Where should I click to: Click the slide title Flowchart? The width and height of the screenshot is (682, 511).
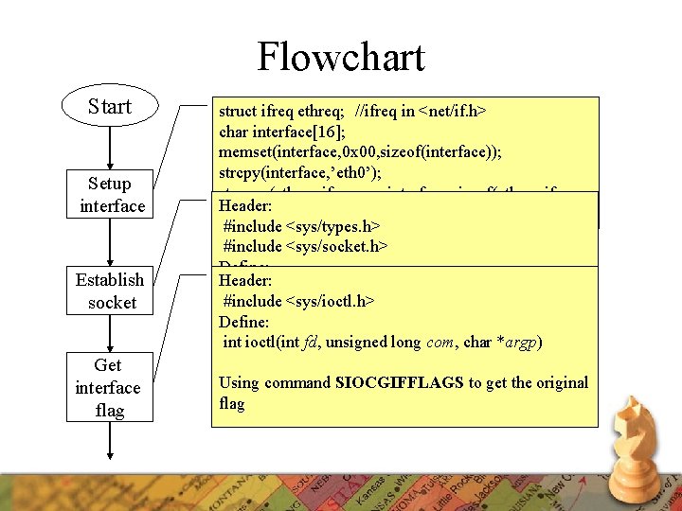341,57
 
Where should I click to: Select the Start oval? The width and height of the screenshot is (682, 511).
110,106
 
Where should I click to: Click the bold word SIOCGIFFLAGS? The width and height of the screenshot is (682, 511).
399,383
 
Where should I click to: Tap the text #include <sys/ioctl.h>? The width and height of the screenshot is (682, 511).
299,301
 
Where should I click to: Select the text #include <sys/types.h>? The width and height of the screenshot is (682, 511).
301,226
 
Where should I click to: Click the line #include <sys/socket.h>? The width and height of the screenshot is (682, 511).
306,246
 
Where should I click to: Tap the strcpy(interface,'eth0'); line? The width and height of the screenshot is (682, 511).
309,172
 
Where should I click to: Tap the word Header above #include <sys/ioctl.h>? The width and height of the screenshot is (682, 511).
245,281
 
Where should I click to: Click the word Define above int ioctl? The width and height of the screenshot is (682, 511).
244,322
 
